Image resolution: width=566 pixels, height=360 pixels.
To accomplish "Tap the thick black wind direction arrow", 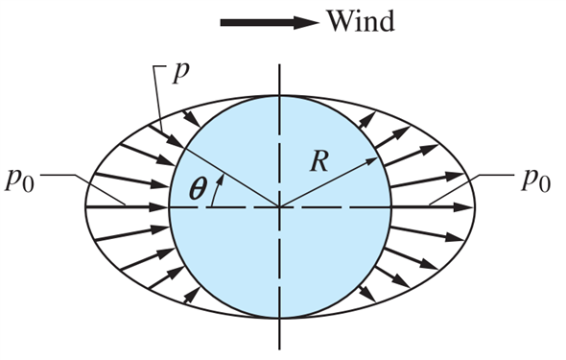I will (269, 22).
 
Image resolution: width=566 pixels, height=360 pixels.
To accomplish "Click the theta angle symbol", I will (197, 189).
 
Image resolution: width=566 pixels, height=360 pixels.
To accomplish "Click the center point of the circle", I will (279, 206).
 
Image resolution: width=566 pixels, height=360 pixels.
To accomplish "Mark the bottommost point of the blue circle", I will (279, 318).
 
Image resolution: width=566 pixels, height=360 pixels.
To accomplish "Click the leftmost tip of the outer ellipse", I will (85, 206).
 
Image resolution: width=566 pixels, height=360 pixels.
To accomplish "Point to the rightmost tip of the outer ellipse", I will (475, 206).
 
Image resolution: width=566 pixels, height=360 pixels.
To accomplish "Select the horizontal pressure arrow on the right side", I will (432, 206).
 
